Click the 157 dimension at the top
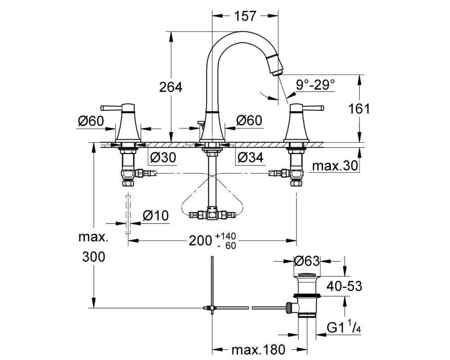245,16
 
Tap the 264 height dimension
171,87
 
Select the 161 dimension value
359,109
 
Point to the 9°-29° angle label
315,85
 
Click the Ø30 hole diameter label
163,157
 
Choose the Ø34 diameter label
250,157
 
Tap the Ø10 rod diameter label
156,215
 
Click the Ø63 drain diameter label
307,261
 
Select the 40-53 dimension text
344,286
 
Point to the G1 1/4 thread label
344,328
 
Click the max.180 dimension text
259,350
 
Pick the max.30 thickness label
335,166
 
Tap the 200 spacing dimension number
200,241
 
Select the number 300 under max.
94,257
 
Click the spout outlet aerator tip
276,73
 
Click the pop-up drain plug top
307,275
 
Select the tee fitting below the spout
212,215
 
